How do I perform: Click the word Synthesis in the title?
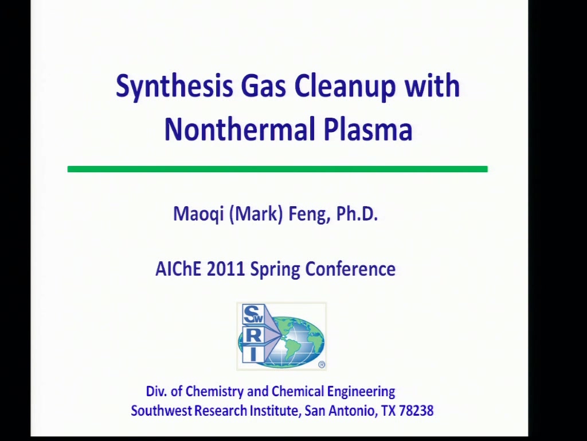coord(174,86)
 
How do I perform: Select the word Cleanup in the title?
coord(345,86)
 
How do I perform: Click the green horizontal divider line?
coord(277,169)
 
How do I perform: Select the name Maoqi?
coord(198,214)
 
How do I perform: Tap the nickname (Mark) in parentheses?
coord(256,214)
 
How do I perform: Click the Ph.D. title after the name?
coord(357,214)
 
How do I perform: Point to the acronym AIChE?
coord(178,269)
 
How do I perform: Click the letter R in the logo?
coord(253,335)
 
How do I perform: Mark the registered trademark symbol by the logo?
coord(322,365)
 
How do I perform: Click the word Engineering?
coord(361,392)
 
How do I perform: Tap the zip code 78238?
coord(416,411)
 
